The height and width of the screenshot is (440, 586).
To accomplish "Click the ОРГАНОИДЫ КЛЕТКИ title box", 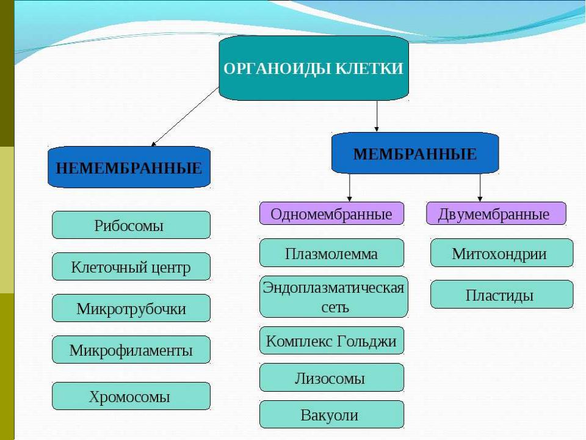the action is click(x=314, y=68).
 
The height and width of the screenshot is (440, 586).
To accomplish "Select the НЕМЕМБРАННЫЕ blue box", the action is click(x=129, y=167).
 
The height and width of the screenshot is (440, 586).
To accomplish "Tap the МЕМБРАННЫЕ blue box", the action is click(x=415, y=153).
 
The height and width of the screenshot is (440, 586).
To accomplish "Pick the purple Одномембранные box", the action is click(x=331, y=213).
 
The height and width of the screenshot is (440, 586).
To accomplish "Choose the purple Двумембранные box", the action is click(x=496, y=213).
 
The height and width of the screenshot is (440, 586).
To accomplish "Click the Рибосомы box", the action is click(x=131, y=225).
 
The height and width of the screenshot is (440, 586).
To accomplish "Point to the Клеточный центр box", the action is click(x=131, y=266).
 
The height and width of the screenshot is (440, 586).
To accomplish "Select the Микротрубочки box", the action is click(x=131, y=308).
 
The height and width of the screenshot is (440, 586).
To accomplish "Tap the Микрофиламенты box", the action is click(x=131, y=350).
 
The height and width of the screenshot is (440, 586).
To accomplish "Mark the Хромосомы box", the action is click(x=131, y=396).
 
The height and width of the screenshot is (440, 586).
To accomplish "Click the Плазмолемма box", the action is click(x=331, y=253).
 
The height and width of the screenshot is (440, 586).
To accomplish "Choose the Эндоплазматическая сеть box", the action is click(x=333, y=297).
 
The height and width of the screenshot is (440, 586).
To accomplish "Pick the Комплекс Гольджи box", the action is click(x=331, y=340).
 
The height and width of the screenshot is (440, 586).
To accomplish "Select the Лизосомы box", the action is click(x=331, y=378).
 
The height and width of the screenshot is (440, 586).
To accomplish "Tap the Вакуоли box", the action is click(x=331, y=414).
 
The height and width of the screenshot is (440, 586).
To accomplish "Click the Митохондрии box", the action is click(x=502, y=253).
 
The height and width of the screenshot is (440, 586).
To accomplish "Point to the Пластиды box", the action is click(x=502, y=295).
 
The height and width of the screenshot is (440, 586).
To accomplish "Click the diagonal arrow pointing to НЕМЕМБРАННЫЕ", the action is click(x=185, y=117).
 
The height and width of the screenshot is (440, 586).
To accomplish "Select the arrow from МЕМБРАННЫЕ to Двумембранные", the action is click(x=480, y=188).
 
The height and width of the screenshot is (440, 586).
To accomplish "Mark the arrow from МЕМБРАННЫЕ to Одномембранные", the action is click(x=349, y=188).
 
